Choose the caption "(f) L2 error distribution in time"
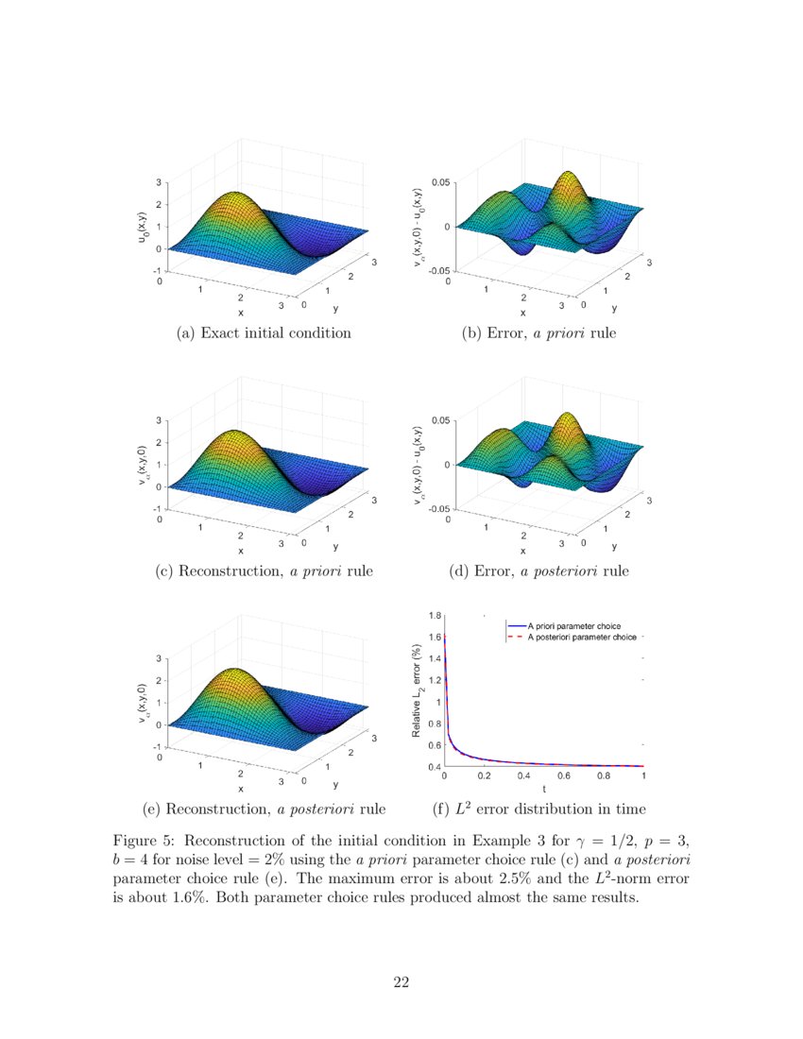538,809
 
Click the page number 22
401,983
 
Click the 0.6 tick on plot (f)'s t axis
564,776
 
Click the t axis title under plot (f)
543,789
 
